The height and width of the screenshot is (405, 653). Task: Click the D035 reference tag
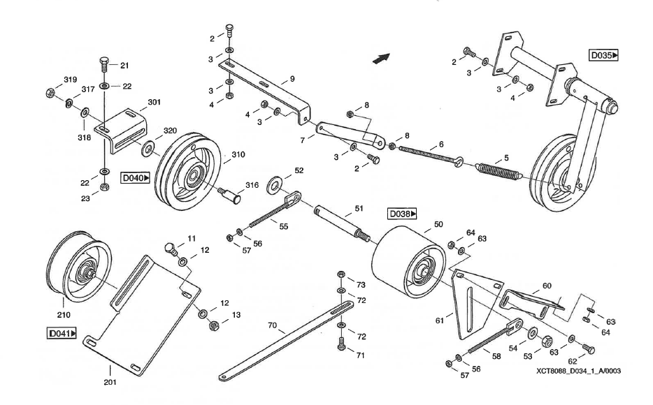click(x=603, y=54)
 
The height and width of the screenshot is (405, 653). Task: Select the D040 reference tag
click(x=136, y=178)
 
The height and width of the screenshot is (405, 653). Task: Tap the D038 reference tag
click(x=403, y=213)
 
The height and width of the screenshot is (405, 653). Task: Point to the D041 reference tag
click(x=62, y=334)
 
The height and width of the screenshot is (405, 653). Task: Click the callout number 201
click(x=110, y=382)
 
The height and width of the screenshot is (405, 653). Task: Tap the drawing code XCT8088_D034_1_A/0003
click(x=579, y=371)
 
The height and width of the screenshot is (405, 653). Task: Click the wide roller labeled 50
click(x=406, y=262)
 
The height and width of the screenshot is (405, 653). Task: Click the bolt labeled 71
click(x=341, y=344)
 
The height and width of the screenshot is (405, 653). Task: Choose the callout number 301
click(x=154, y=103)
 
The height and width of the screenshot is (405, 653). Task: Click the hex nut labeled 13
click(x=215, y=325)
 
